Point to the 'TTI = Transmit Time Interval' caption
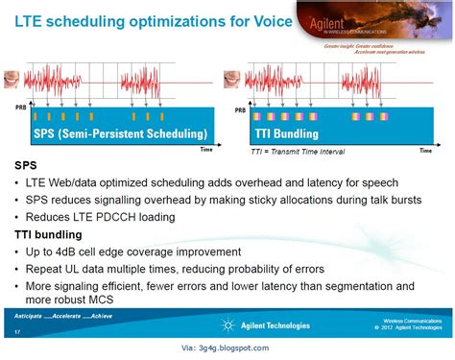(297, 152)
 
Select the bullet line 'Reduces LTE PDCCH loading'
(101, 216)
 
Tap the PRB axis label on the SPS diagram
(20, 108)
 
